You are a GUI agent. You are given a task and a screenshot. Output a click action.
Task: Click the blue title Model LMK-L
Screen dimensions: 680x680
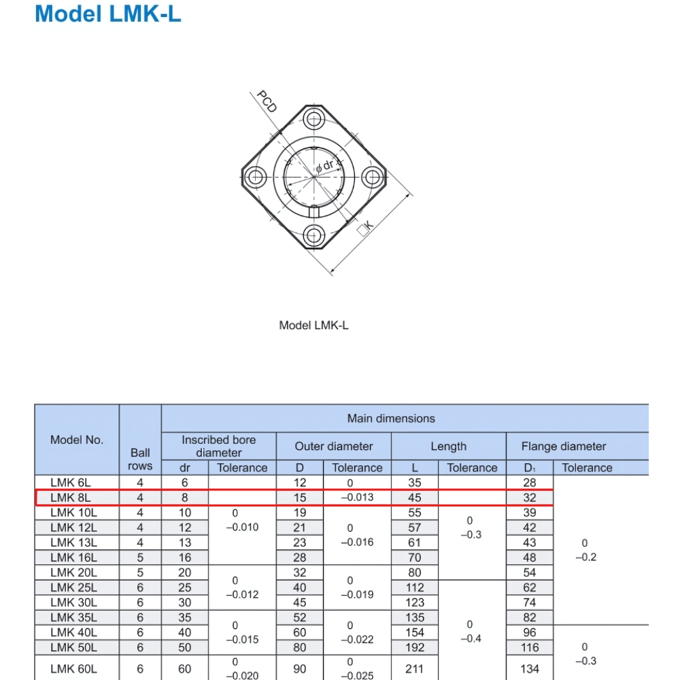pyautogui.click(x=108, y=14)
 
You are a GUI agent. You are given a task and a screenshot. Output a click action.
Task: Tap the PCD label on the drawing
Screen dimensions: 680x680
pyautogui.click(x=267, y=101)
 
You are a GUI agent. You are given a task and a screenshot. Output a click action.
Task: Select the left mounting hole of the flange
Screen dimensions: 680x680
pyautogui.click(x=256, y=177)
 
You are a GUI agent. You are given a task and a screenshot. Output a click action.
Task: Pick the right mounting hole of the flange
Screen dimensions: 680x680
pyautogui.click(x=371, y=177)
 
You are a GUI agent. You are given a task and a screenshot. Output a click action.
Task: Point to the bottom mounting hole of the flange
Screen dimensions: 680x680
pyautogui.click(x=313, y=236)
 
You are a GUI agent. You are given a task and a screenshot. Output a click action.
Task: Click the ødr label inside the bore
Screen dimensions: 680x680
pyautogui.click(x=325, y=166)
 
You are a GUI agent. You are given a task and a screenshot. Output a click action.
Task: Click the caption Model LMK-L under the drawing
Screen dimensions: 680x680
pyautogui.click(x=313, y=325)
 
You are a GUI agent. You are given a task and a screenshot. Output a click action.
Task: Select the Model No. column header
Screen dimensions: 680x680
pyautogui.click(x=77, y=440)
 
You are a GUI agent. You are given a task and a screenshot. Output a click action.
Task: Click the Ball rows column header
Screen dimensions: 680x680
pyautogui.click(x=140, y=459)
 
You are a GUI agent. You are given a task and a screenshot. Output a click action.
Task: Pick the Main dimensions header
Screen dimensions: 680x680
pyautogui.click(x=391, y=418)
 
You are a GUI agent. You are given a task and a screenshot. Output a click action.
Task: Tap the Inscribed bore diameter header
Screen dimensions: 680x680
pyautogui.click(x=219, y=446)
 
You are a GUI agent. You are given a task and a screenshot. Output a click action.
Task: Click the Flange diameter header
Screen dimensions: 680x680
pyautogui.click(x=564, y=446)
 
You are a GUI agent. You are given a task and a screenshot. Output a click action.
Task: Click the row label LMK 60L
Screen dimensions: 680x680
pyautogui.click(x=73, y=668)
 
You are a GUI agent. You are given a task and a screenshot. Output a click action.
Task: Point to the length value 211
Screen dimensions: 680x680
pyautogui.click(x=414, y=668)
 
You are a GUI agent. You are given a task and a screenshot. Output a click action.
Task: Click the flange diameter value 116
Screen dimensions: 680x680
pyautogui.click(x=530, y=647)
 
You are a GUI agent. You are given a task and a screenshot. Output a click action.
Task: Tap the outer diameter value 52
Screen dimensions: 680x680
pyautogui.click(x=300, y=617)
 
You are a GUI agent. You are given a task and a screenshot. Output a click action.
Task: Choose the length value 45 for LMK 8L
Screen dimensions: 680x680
pyautogui.click(x=414, y=498)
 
